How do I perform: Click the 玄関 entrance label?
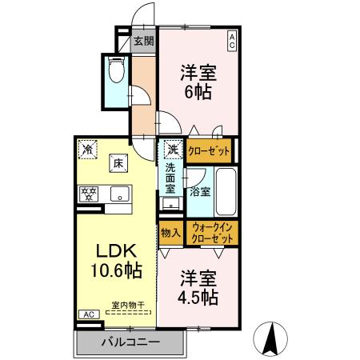(x=143, y=42)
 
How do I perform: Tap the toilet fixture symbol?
(x=115, y=72)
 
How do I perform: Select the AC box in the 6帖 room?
(x=231, y=39)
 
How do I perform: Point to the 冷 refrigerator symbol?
(x=86, y=148)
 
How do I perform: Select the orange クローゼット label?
(x=210, y=150)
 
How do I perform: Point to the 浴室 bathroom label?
(x=200, y=192)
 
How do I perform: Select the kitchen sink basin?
(x=119, y=193)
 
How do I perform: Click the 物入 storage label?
(x=170, y=234)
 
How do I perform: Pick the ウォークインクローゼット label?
(x=213, y=234)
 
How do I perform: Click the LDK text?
(x=116, y=250)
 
